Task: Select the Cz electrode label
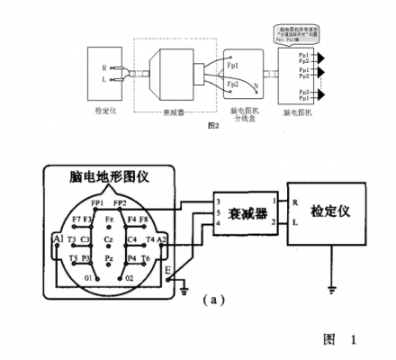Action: tap(108, 240)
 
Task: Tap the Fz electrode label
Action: tap(108, 219)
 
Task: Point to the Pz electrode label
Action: tap(108, 257)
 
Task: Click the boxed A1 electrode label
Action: tap(58, 239)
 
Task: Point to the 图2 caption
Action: tap(212, 125)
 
